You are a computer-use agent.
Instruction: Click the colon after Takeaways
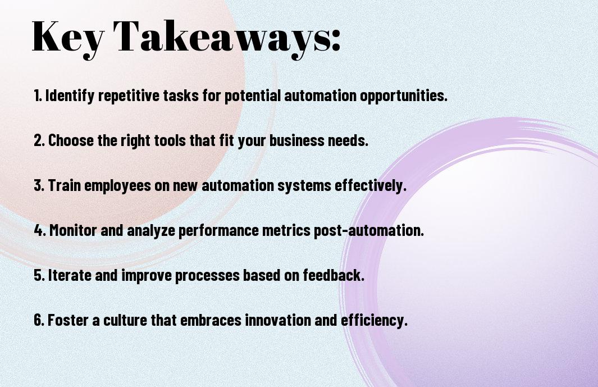pyautogui.click(x=336, y=41)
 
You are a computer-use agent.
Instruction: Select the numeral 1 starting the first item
pyautogui.click(x=36, y=95)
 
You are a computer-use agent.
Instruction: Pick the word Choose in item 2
pyautogui.click(x=71, y=140)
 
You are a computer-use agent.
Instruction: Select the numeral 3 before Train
pyautogui.click(x=38, y=185)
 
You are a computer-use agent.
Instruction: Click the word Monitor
pyautogui.click(x=73, y=230)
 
